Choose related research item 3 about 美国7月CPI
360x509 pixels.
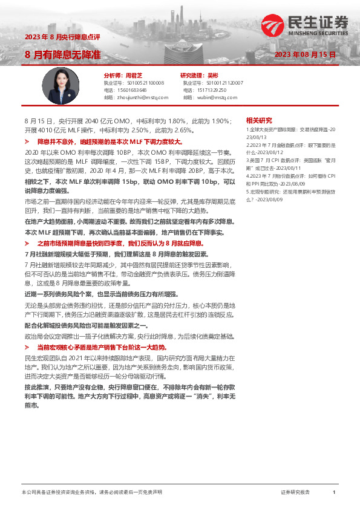pos(288,163)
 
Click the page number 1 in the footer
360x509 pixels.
pos(334,493)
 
